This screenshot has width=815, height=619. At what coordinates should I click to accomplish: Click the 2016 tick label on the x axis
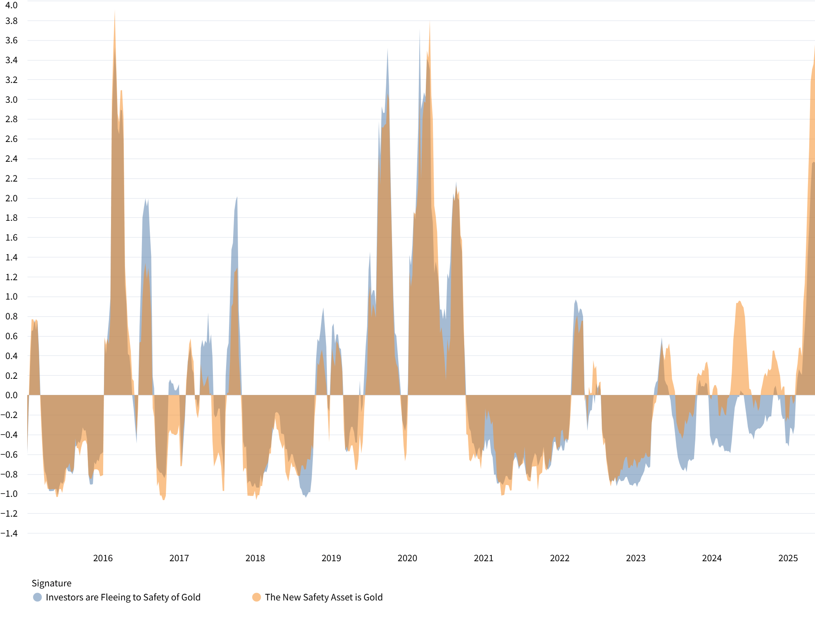pyautogui.click(x=103, y=558)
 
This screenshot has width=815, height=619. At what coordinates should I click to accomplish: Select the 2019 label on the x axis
pyautogui.click(x=331, y=558)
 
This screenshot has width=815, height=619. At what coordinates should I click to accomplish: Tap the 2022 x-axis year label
pyautogui.click(x=559, y=558)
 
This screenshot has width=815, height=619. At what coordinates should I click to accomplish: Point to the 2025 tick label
pyautogui.click(x=788, y=558)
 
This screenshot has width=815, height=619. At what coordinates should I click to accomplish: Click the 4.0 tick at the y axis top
pyautogui.click(x=12, y=5)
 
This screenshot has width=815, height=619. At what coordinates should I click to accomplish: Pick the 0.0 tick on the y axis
pyautogui.click(x=12, y=395)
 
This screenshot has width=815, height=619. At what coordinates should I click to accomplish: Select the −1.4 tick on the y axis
pyautogui.click(x=9, y=533)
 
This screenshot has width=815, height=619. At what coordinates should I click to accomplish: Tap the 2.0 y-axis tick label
pyautogui.click(x=12, y=198)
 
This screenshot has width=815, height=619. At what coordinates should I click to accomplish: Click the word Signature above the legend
pyautogui.click(x=52, y=583)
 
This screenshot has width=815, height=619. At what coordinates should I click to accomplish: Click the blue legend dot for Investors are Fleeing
pyautogui.click(x=38, y=597)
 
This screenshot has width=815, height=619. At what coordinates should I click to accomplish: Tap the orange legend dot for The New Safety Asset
pyautogui.click(x=257, y=597)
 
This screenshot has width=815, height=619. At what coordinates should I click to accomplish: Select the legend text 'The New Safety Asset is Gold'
pyautogui.click(x=324, y=597)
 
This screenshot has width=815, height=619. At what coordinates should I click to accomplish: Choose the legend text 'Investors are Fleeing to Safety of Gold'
pyautogui.click(x=123, y=597)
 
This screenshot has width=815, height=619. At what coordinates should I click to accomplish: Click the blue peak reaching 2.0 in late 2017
pyautogui.click(x=237, y=198)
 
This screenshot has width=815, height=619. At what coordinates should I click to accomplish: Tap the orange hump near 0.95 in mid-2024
pyautogui.click(x=739, y=302)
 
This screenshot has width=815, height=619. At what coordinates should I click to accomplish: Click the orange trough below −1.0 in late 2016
pyautogui.click(x=164, y=499)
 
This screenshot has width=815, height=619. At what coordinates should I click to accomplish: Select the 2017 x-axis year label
pyautogui.click(x=179, y=558)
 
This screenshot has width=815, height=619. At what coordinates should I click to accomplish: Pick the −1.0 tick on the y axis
pyautogui.click(x=9, y=494)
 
